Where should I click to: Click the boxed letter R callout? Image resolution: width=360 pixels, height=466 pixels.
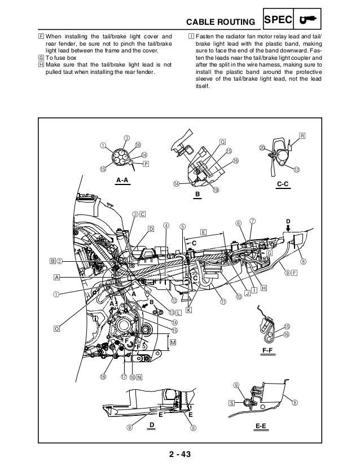[302, 136]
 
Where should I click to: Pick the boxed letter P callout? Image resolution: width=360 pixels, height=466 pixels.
[146, 164]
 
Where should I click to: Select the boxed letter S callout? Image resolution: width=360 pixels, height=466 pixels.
[232, 403]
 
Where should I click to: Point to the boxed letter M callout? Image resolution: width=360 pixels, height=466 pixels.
[172, 342]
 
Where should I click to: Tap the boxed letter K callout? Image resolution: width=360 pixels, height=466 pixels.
[188, 309]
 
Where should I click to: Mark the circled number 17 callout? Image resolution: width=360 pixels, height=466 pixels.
[123, 376]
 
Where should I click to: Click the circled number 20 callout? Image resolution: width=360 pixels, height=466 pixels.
[262, 147]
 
